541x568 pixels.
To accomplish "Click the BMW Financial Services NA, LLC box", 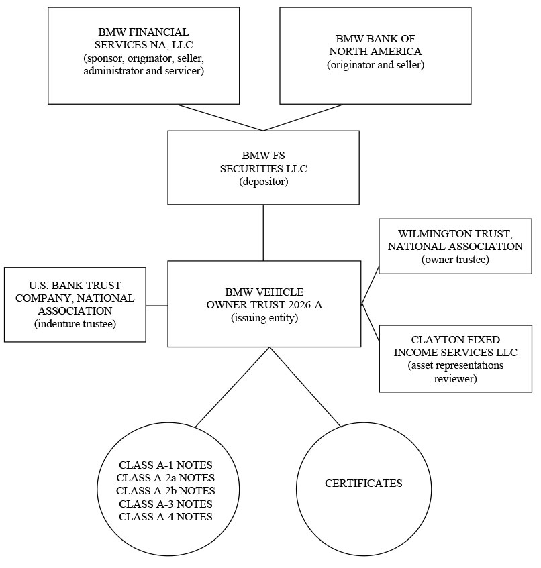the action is tap(144, 56).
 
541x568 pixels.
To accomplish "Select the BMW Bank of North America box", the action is tap(375, 56).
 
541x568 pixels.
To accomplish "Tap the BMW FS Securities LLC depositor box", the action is tap(263, 168).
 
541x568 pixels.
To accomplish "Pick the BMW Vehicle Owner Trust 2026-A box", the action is tap(264, 304).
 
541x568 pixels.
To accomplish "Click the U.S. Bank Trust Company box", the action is tap(75, 304).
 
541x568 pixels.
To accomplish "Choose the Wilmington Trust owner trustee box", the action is tap(455, 246).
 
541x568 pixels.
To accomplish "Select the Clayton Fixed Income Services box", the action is tap(456, 359).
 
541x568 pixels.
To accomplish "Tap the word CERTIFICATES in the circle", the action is tap(364, 484).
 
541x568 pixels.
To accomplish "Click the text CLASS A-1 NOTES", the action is tap(166, 465).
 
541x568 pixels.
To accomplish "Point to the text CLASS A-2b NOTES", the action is tap(166, 490).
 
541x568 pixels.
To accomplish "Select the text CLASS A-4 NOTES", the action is tap(166, 516).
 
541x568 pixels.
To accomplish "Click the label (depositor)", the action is tap(264, 182).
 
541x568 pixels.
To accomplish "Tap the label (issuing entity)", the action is tap(264, 318).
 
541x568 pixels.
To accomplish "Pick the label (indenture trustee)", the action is tap(75, 323).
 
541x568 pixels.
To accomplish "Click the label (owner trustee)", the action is tap(455, 260).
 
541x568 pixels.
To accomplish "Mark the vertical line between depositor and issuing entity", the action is tap(263, 233).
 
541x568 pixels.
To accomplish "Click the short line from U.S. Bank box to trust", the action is tap(157, 306).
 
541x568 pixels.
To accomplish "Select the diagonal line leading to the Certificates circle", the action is tap(305, 387).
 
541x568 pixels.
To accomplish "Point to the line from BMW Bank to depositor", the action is tap(303, 118).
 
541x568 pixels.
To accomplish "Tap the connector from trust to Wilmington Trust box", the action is tap(371, 285).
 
